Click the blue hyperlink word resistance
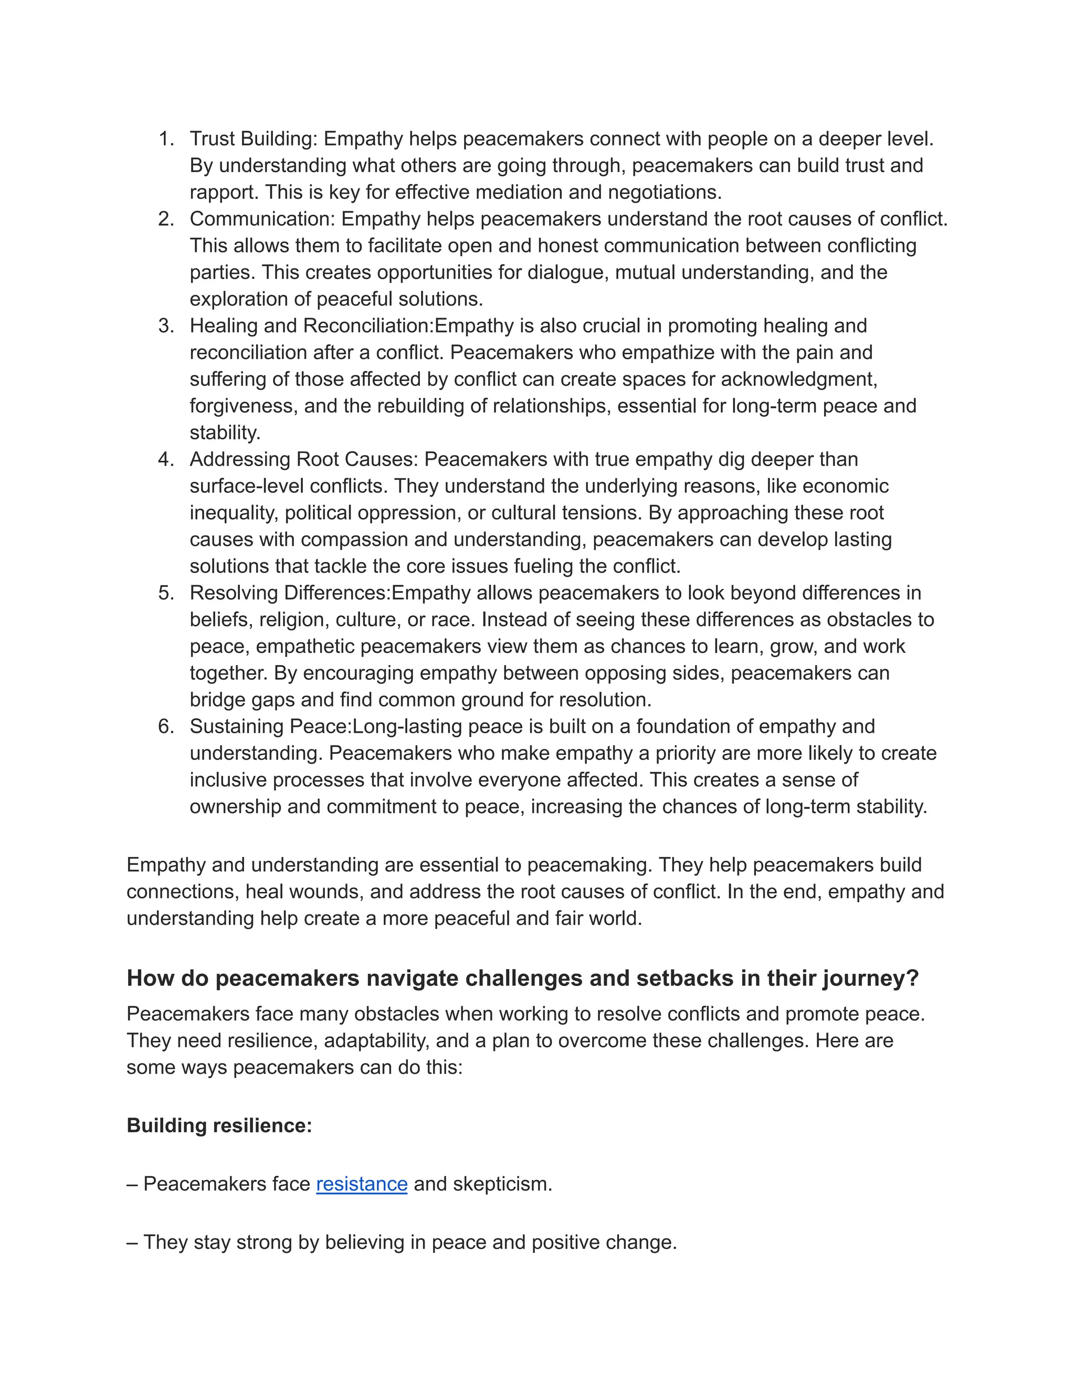(x=361, y=1184)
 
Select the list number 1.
(x=165, y=139)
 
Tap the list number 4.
(x=165, y=459)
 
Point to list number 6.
(x=165, y=726)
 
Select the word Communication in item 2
(x=262, y=219)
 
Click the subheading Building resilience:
(x=219, y=1125)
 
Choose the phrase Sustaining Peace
(x=270, y=726)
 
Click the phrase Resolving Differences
(x=289, y=593)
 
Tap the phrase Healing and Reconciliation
(x=311, y=326)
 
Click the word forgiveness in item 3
(x=243, y=406)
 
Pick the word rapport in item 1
(x=224, y=192)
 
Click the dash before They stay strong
(x=132, y=1242)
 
